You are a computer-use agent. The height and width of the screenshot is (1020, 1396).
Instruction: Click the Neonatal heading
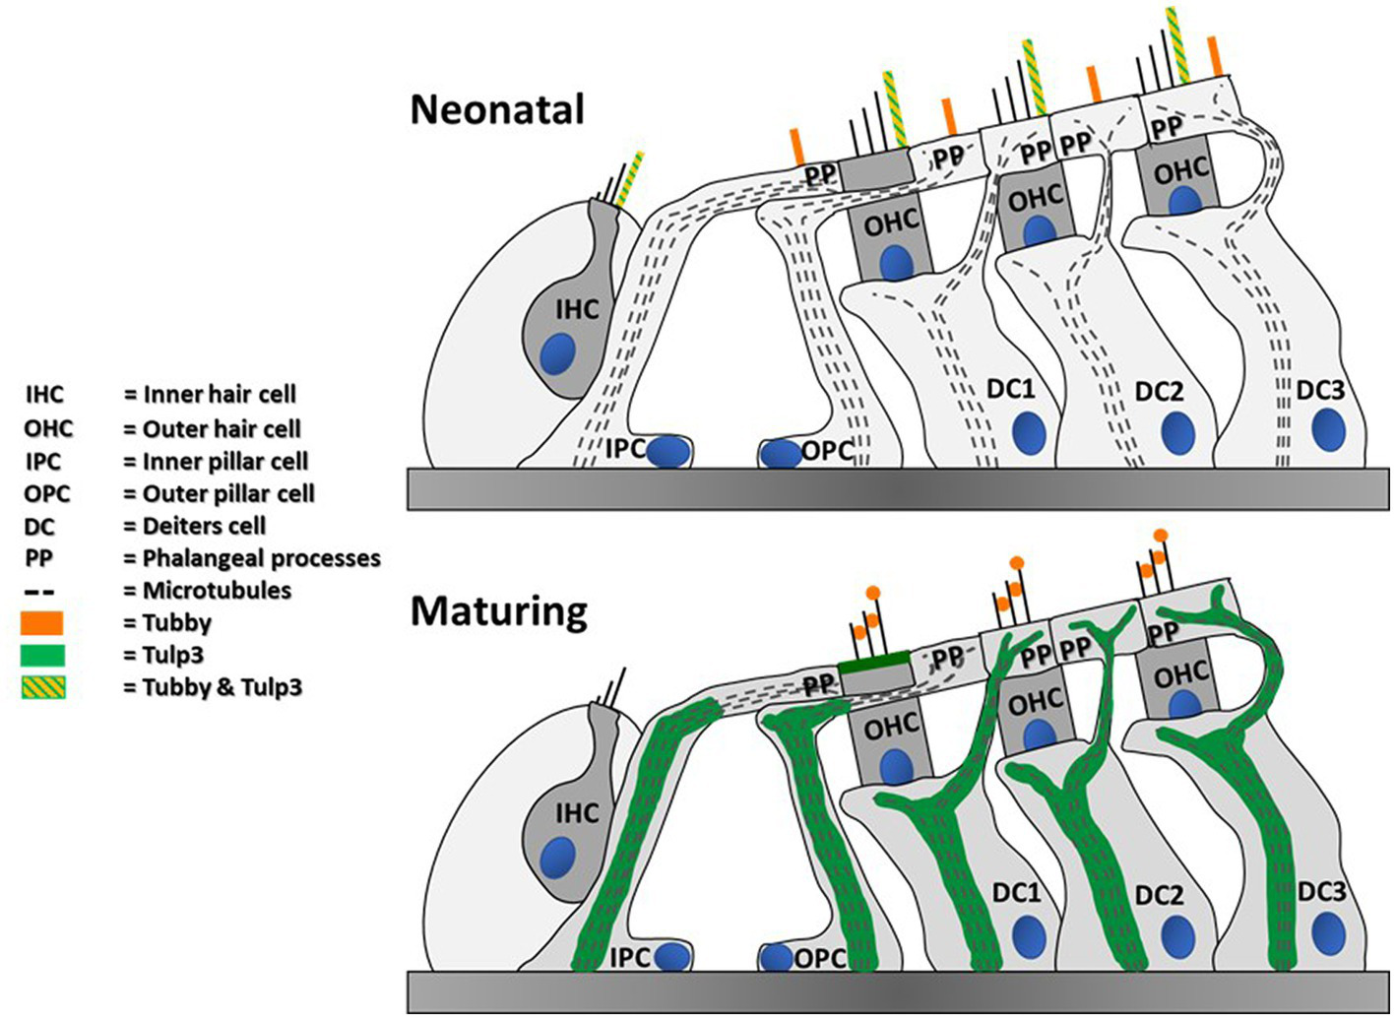point(497,108)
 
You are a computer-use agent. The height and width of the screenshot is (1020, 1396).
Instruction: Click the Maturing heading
point(498,611)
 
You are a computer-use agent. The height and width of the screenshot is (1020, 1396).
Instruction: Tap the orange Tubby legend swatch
point(41,623)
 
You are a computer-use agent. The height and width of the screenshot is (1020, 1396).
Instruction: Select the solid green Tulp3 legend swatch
point(41,656)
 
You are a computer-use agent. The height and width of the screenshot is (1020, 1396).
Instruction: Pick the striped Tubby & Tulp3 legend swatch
point(41,687)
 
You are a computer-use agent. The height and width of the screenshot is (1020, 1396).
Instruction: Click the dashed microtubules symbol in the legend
point(39,592)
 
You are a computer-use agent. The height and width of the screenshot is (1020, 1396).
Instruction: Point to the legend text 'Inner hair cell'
point(220,395)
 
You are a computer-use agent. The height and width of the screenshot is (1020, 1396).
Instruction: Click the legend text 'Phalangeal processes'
point(261,558)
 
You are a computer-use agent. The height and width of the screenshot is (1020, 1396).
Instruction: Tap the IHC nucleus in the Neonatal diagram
point(560,353)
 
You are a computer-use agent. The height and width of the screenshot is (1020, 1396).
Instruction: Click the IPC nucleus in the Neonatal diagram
point(669,451)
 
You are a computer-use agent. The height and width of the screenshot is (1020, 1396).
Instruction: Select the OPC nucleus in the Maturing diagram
point(778,956)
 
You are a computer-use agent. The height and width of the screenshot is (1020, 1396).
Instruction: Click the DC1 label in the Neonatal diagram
point(1012,390)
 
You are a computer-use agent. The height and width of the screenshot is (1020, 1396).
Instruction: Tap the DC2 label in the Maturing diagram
point(1159,896)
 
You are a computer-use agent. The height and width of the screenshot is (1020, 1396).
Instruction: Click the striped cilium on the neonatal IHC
point(631,178)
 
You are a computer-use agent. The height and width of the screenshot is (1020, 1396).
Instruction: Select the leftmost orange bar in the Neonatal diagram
point(796,147)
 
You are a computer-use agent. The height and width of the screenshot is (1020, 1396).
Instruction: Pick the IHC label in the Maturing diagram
point(577,813)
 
